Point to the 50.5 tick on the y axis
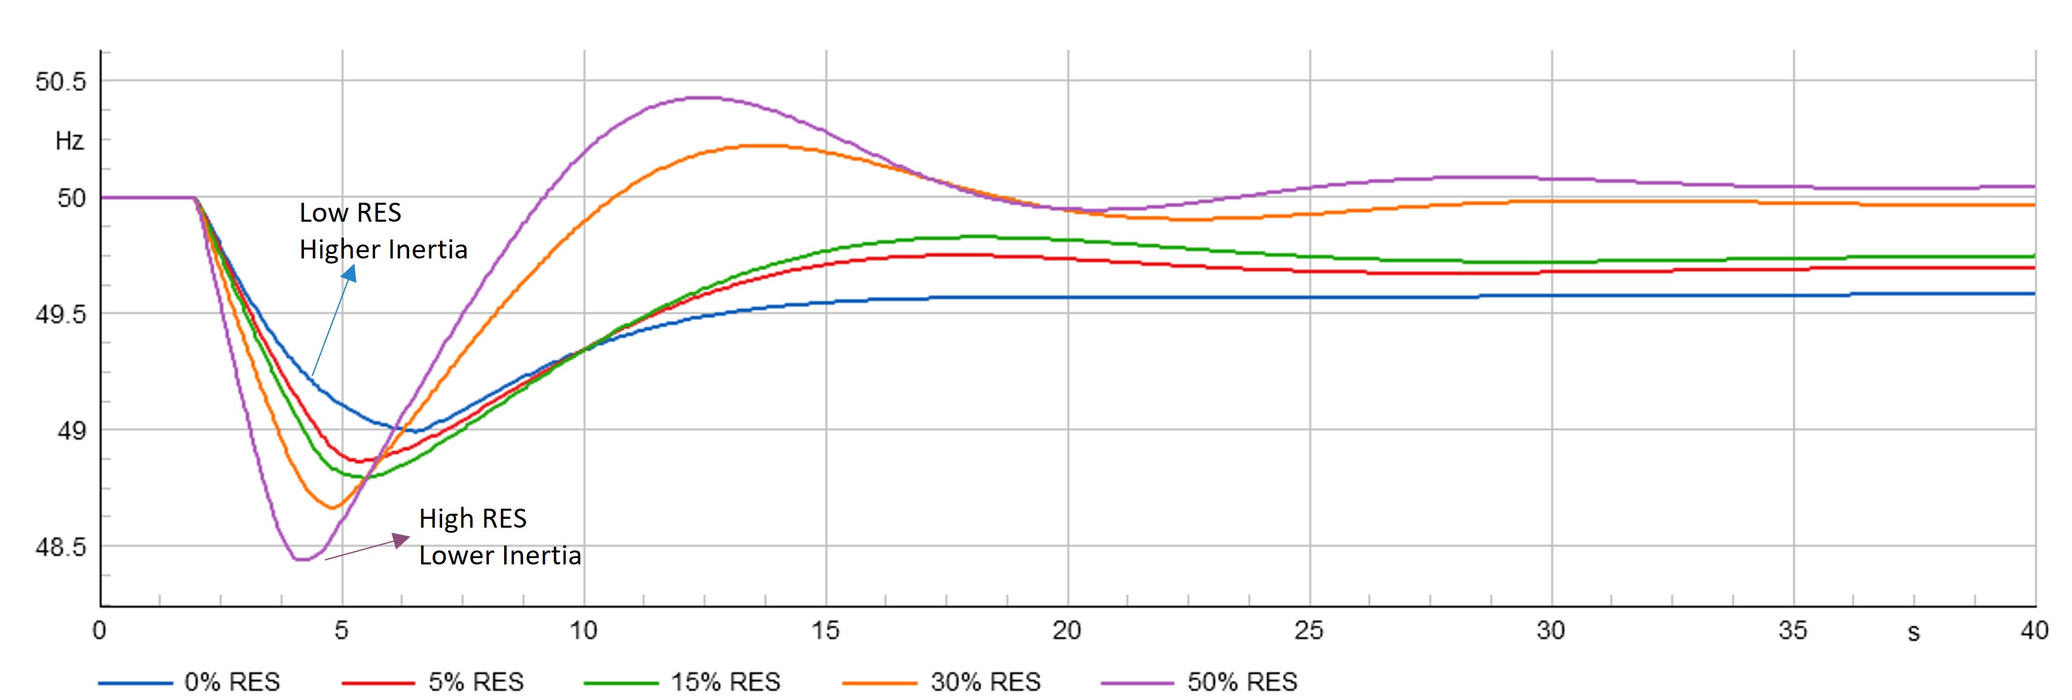click(x=60, y=81)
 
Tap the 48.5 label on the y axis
click(x=60, y=547)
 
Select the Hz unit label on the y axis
click(x=69, y=141)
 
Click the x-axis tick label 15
click(x=825, y=630)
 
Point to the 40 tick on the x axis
click(x=2034, y=630)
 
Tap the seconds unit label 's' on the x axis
click(x=1914, y=633)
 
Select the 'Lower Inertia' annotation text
click(x=500, y=555)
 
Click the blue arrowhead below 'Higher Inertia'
click(x=349, y=274)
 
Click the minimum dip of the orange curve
click(x=332, y=507)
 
